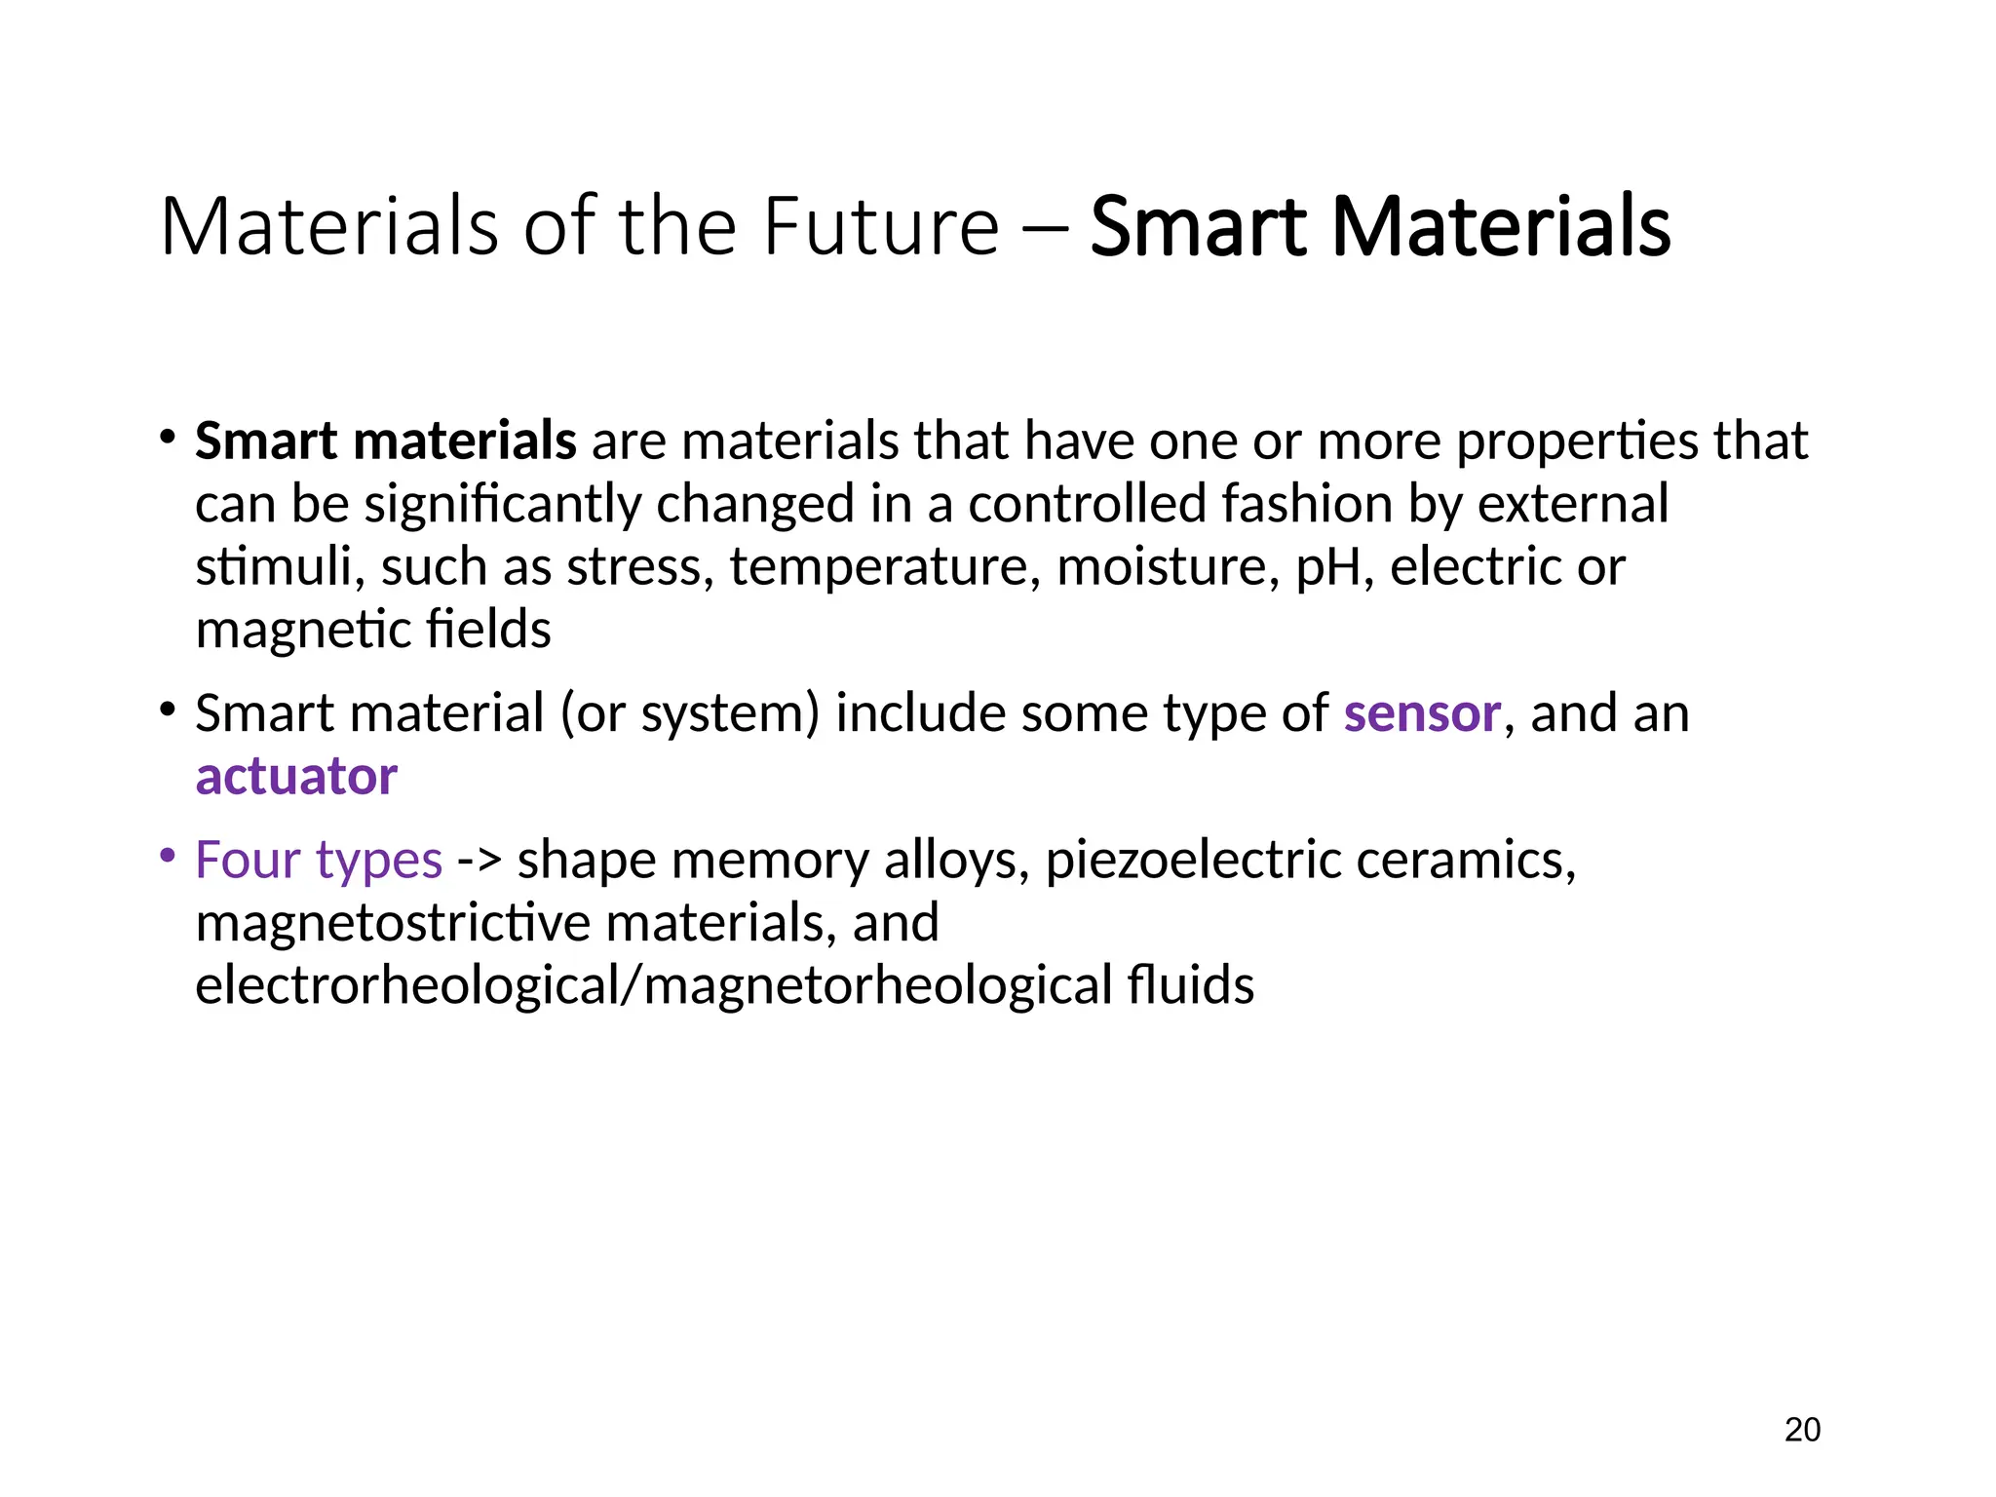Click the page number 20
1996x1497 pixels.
point(1802,1430)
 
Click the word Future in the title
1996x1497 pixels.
point(881,227)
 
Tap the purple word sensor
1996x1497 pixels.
point(1422,713)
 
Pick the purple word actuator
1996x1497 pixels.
point(296,777)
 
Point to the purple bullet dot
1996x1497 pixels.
point(168,856)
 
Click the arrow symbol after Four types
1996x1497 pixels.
point(480,862)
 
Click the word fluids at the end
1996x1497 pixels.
point(1191,985)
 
